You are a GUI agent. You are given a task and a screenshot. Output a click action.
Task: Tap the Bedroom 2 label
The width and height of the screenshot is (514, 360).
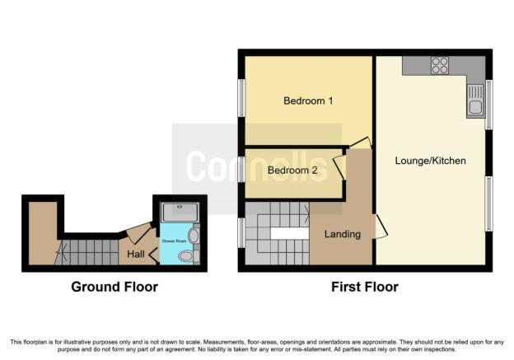(292, 171)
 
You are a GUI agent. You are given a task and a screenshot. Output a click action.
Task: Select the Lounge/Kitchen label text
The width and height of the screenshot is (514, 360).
(430, 161)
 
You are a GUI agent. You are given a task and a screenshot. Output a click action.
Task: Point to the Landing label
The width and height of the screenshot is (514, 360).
(342, 234)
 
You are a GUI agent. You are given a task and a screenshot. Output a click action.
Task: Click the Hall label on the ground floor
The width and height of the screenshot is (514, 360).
(136, 254)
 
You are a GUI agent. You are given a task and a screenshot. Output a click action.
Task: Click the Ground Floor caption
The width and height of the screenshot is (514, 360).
(114, 287)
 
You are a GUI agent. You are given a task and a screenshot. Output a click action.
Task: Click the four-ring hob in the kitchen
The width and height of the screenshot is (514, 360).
(439, 64)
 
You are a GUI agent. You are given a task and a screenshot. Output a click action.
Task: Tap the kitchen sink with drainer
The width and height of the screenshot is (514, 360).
(475, 102)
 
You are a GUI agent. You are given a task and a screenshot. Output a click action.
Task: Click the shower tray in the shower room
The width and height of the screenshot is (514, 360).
(178, 212)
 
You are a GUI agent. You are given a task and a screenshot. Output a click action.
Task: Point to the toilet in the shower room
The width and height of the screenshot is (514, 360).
(188, 256)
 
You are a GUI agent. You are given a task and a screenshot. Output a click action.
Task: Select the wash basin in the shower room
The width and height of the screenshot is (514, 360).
(193, 236)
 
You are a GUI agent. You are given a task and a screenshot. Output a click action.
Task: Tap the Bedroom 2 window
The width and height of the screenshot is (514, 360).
(241, 170)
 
